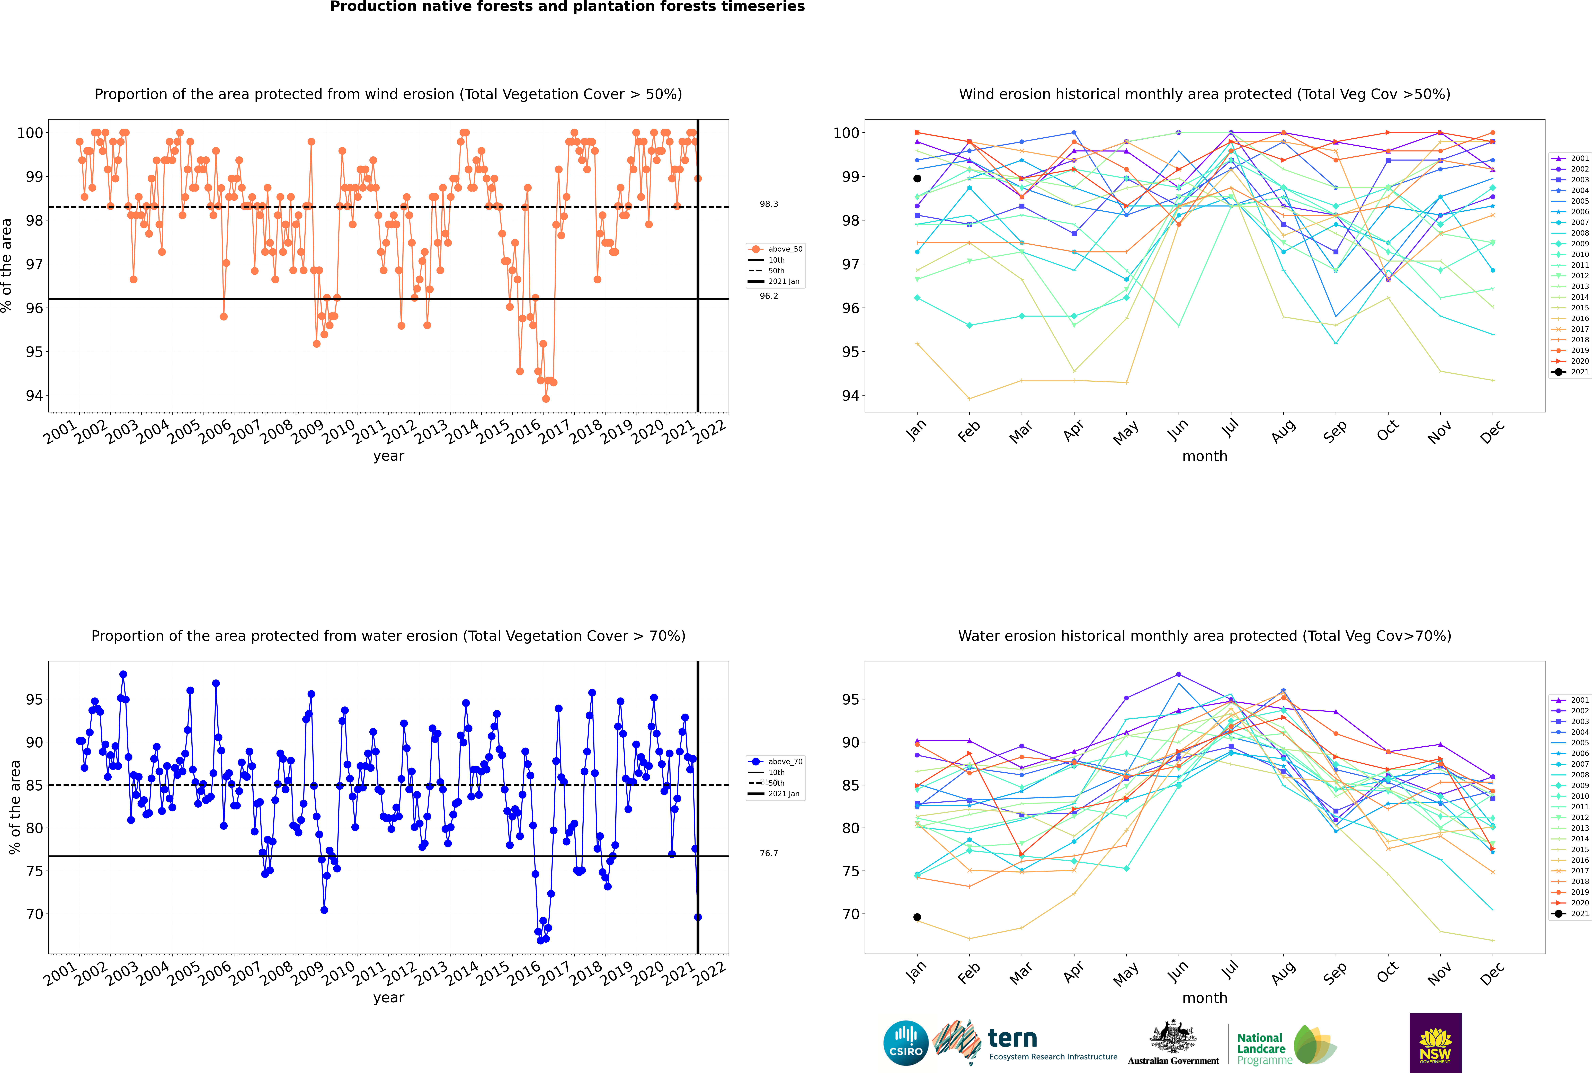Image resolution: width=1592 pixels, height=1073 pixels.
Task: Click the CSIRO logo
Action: click(905, 1043)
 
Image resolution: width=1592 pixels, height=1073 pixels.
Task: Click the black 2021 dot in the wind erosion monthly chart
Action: click(917, 179)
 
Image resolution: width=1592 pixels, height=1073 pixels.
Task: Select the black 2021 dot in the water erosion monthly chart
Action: click(917, 917)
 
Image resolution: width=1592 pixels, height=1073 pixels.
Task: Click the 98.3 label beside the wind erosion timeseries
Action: click(769, 204)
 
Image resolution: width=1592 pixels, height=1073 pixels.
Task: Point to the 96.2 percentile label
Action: click(769, 296)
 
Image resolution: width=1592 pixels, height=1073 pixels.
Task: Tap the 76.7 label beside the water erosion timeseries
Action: click(769, 853)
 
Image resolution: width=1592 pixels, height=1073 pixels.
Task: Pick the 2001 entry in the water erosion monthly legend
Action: click(1572, 700)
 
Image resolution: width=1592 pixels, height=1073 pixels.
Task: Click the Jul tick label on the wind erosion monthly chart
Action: click(1230, 429)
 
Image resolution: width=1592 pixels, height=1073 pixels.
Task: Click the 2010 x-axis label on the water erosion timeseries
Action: click(338, 972)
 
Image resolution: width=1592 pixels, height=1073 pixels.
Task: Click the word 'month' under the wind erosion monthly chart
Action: click(1205, 457)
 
